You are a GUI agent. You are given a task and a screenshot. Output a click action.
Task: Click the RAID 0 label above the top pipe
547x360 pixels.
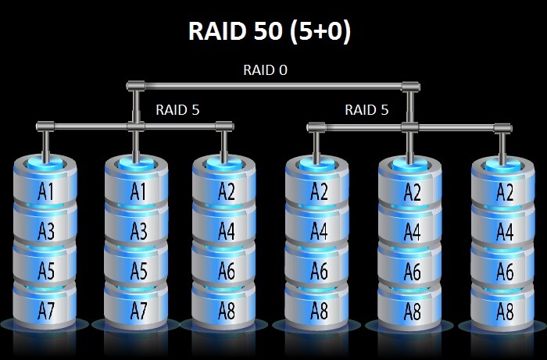265,70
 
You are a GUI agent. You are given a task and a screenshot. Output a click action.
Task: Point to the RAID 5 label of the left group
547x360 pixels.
177,109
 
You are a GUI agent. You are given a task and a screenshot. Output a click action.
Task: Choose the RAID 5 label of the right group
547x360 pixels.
366,109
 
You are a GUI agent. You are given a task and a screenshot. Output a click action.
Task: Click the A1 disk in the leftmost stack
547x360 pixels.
45,191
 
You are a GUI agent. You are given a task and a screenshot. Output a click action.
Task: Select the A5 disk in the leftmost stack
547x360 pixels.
45,270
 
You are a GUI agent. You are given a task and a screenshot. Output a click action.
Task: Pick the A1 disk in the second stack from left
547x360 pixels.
138,191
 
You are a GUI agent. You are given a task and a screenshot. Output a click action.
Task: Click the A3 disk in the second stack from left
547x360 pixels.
138,230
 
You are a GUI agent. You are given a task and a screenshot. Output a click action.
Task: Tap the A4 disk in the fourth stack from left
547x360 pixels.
318,230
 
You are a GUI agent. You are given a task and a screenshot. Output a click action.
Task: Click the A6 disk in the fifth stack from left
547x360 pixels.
410,270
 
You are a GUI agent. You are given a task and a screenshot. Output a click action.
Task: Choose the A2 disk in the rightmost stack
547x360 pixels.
504,191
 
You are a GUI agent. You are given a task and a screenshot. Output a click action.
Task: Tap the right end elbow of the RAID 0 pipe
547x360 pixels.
409,85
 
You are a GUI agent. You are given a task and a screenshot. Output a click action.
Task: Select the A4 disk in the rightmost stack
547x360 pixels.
504,230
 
